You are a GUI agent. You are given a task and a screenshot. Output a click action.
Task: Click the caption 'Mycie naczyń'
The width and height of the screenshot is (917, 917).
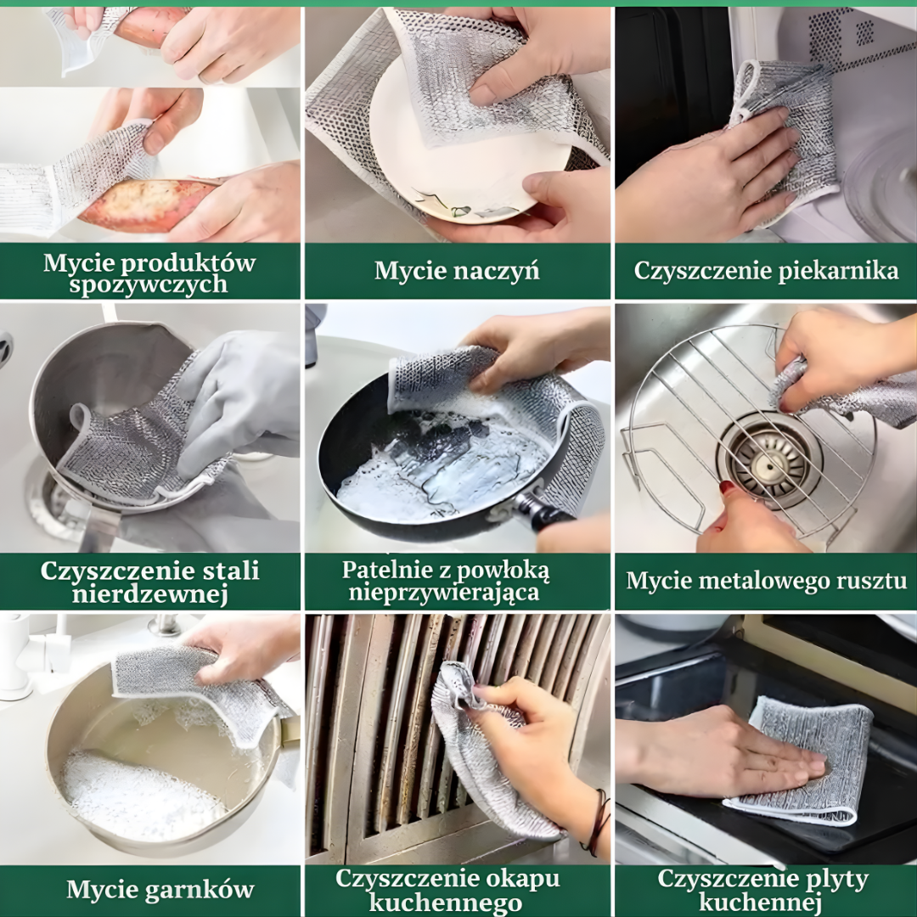(x=457, y=272)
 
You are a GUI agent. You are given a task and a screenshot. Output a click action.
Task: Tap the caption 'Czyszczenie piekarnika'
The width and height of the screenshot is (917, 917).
(x=766, y=272)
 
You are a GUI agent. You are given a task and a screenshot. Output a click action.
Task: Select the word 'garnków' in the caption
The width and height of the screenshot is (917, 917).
(x=199, y=890)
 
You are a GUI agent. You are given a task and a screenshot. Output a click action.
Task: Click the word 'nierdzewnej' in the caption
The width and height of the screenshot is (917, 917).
(x=149, y=594)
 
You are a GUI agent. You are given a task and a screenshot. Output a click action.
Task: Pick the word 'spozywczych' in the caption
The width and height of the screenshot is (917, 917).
(x=149, y=284)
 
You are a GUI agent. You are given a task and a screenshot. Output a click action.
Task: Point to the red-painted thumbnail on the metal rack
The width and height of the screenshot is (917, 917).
(x=727, y=487)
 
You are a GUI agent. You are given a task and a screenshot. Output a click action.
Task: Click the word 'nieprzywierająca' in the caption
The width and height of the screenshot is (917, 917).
(x=444, y=593)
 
